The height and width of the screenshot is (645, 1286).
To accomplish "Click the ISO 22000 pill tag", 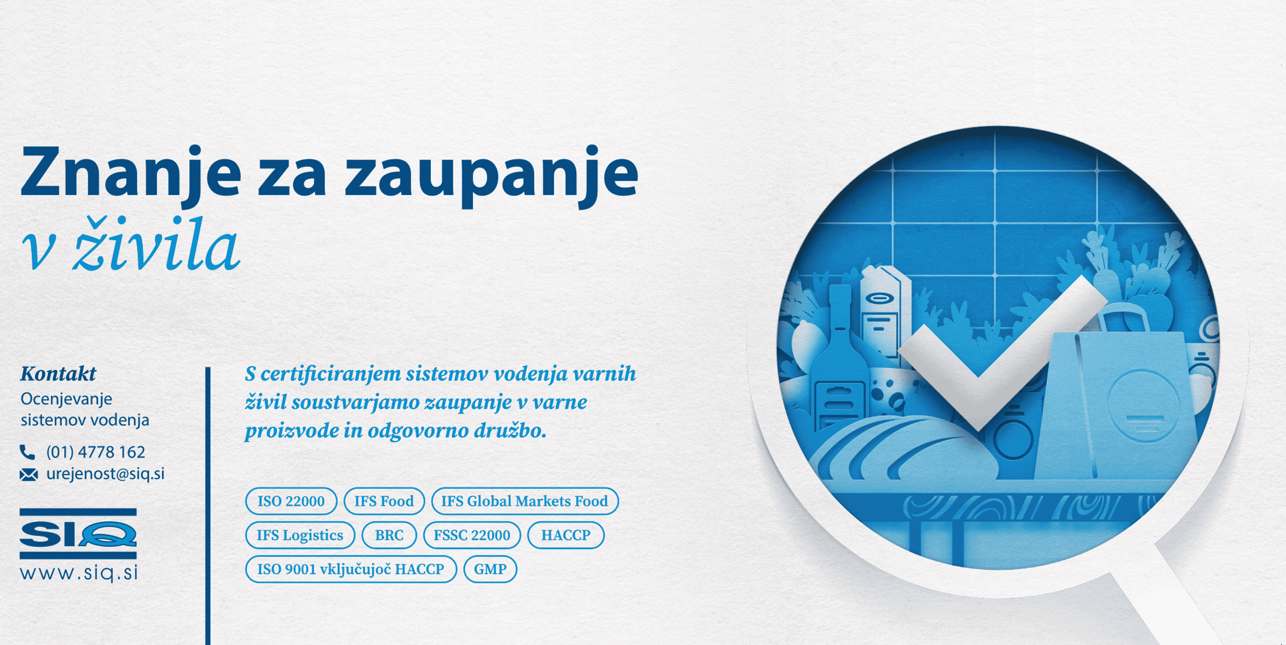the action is click(291, 501).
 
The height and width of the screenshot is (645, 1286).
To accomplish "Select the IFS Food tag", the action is click(384, 501).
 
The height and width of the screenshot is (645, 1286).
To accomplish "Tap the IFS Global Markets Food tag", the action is click(524, 501).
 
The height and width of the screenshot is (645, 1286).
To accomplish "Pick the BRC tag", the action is click(389, 535).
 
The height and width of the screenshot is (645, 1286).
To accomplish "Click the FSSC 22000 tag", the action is click(472, 535).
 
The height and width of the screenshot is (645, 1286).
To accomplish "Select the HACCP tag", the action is click(566, 535).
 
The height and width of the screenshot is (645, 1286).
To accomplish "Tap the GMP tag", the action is click(490, 569).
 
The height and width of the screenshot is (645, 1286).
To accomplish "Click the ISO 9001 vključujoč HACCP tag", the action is click(350, 569).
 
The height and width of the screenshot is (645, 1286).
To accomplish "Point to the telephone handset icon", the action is click(27, 452).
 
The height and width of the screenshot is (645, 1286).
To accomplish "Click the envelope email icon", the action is click(28, 474).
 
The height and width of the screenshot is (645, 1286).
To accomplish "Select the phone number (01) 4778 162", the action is click(95, 452).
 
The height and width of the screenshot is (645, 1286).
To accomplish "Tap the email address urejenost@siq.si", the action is click(105, 474).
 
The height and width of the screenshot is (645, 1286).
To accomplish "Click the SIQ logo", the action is click(78, 534).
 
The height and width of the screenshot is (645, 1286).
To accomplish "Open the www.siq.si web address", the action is click(79, 573).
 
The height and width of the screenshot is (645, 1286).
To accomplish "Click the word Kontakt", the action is click(58, 373).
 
